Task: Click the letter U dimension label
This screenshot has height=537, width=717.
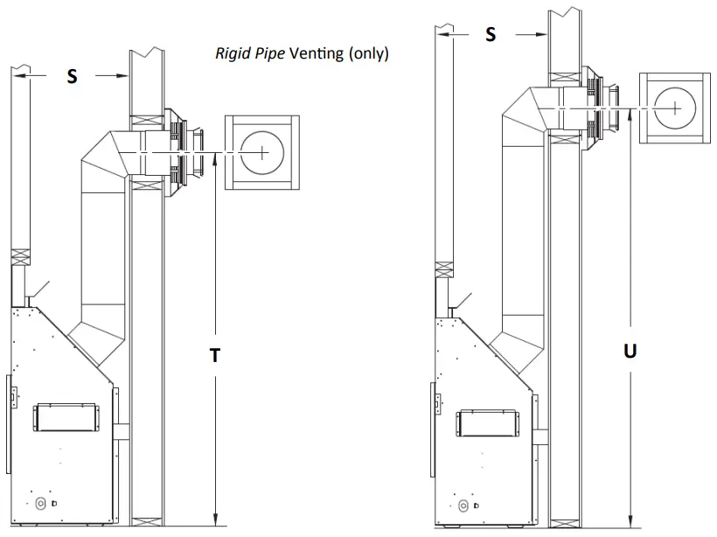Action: [x=630, y=352]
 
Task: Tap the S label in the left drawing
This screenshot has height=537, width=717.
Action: [x=73, y=77]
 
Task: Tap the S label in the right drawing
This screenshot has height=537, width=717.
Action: [x=491, y=34]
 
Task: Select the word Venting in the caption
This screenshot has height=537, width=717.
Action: [x=316, y=54]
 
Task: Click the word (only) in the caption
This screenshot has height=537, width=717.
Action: [x=368, y=54]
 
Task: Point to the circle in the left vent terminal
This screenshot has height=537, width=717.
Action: [x=262, y=152]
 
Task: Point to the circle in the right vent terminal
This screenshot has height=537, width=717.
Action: [x=676, y=107]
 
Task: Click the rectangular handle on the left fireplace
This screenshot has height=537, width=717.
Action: [x=65, y=417]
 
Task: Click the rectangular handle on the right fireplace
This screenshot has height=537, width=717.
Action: [x=486, y=423]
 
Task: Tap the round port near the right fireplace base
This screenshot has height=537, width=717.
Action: [x=462, y=506]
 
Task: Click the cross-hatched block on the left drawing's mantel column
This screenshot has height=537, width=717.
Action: [x=20, y=258]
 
